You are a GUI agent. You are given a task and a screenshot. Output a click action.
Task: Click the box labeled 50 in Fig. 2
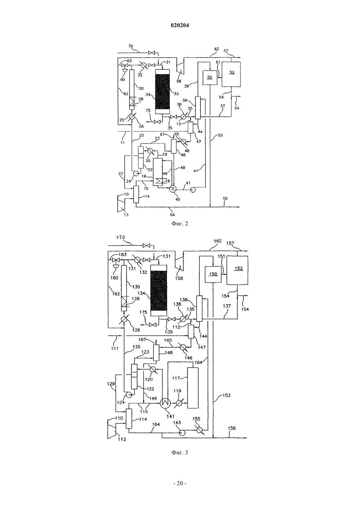tap(209, 78)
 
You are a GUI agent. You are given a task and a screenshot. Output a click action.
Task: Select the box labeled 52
tap(231, 74)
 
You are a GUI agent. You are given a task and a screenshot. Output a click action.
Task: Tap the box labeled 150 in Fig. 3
tap(213, 274)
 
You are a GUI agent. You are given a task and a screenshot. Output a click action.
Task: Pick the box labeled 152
tap(237, 270)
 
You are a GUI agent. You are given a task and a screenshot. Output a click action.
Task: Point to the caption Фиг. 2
tap(180, 224)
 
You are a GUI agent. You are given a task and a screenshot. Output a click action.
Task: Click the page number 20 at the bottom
tap(180, 483)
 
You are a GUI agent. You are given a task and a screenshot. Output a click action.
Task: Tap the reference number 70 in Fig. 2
tap(131, 46)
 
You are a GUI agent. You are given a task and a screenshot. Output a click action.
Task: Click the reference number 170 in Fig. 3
tap(121, 237)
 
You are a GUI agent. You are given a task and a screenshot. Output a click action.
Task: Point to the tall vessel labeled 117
tap(193, 388)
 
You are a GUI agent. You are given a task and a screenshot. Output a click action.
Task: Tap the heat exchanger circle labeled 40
tap(173, 189)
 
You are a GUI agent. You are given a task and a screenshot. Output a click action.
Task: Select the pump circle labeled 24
tap(136, 174)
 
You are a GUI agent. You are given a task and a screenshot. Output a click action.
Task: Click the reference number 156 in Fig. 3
tap(232, 428)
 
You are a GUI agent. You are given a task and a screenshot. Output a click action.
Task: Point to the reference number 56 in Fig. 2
tap(225, 198)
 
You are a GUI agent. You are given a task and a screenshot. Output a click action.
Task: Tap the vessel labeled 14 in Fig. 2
tap(136, 194)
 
